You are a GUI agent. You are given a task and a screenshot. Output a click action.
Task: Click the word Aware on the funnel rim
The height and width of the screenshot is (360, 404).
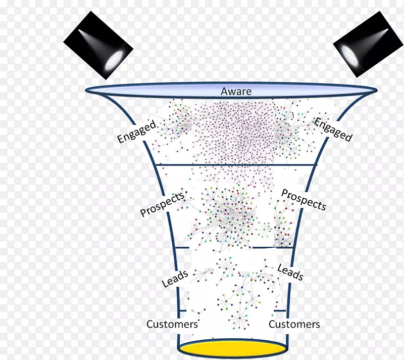[x=236, y=92]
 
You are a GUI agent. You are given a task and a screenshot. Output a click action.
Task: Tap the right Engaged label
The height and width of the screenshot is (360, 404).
[x=333, y=129]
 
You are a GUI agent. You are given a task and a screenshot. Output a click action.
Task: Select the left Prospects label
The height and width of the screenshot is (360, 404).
[x=162, y=204]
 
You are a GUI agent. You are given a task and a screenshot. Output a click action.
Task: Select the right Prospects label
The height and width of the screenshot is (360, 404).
[x=304, y=199]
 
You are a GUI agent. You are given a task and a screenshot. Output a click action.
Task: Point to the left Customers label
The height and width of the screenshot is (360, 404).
[x=172, y=324]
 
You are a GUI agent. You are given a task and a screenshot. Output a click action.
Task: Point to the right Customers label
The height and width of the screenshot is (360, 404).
[x=294, y=324]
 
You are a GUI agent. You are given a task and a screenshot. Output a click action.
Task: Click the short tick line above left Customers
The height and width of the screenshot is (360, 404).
[x=183, y=311]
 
